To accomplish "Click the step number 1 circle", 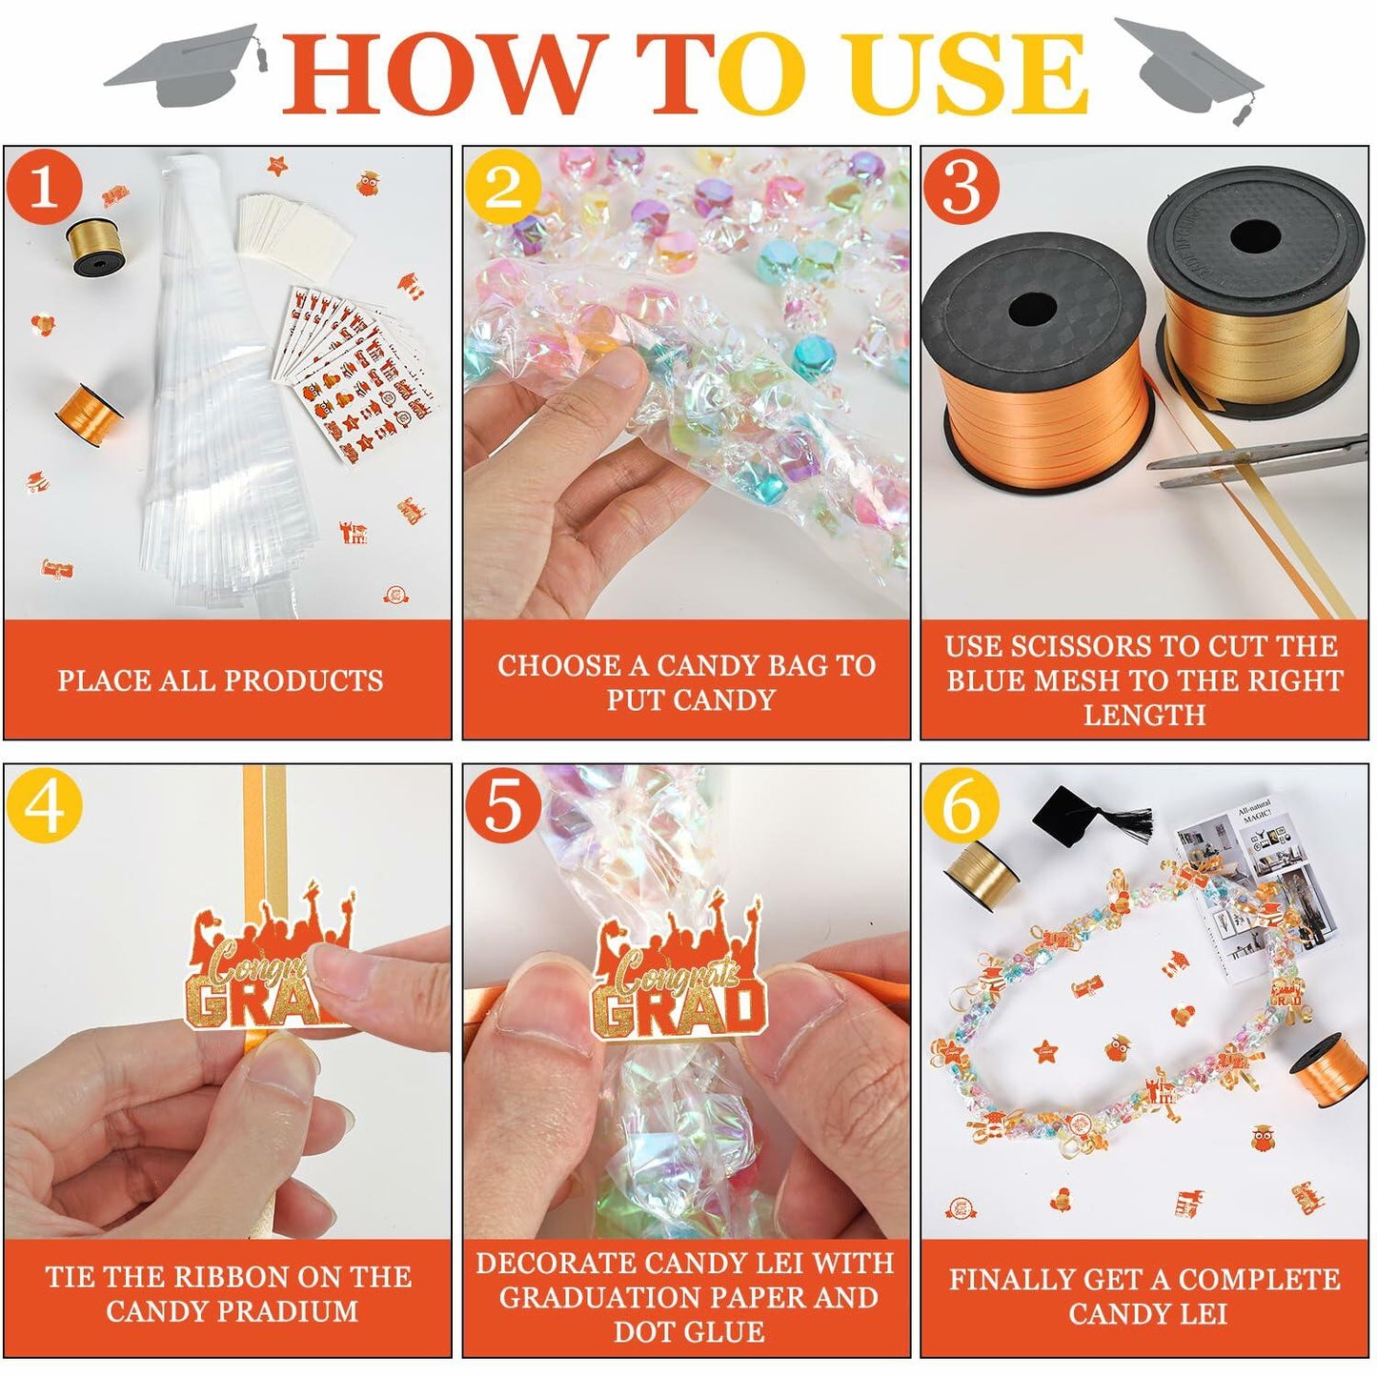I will tap(45, 186).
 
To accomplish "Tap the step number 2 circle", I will tap(504, 186).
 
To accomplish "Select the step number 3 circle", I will tap(961, 186).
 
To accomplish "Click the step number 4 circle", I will tap(45, 805).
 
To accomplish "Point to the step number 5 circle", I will tap(504, 805).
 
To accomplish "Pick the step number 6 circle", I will tap(961, 805).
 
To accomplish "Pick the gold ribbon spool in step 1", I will tap(92, 247).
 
